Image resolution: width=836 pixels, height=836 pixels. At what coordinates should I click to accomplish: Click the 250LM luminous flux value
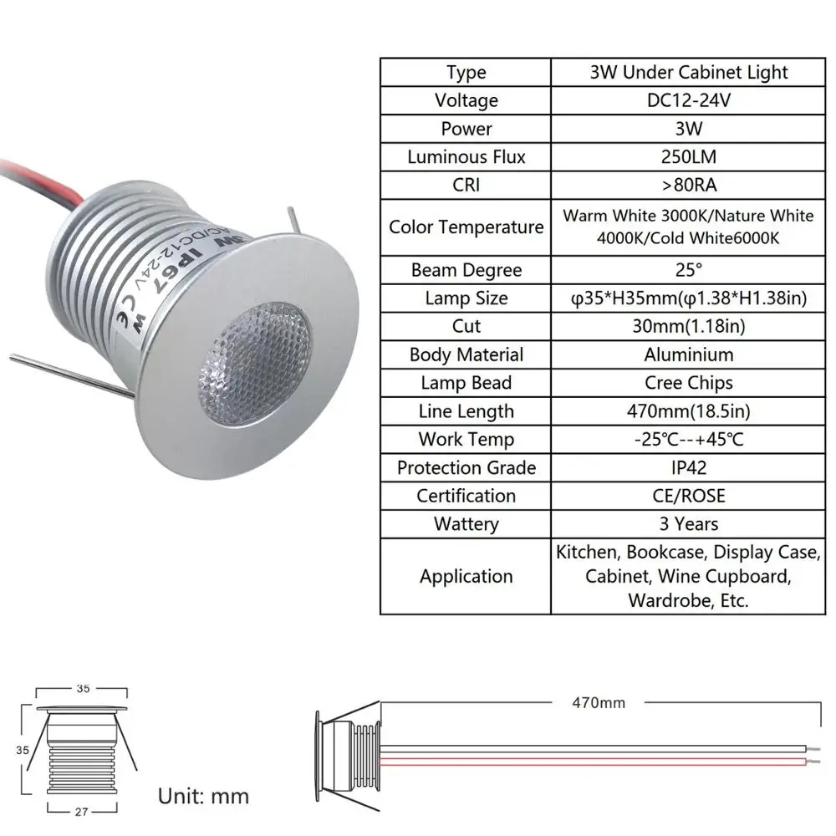687,157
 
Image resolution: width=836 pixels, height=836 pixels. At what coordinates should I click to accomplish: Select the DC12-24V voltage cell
687,100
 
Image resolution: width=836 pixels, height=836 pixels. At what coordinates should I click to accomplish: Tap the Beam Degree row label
466,270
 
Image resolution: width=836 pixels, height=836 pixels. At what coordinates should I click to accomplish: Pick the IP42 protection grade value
687,467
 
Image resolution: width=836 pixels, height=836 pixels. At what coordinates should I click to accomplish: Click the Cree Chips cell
687,383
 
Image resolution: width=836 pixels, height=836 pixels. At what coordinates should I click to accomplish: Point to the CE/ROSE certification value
687,496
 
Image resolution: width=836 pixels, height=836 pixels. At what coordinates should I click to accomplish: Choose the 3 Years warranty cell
687,524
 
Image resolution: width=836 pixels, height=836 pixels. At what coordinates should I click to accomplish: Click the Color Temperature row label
466,227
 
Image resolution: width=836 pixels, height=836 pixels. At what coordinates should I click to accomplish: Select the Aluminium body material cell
687,354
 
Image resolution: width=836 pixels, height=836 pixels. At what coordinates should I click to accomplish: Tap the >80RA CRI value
687,185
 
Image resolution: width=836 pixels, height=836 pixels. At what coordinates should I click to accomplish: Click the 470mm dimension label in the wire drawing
598,703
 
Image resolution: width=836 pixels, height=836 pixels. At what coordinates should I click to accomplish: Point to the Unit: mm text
203,795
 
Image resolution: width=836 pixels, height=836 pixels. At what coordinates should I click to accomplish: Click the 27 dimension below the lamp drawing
81,810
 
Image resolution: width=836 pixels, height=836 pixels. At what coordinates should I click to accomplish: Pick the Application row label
466,576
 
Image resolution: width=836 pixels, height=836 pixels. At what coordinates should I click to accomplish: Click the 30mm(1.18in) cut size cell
687,326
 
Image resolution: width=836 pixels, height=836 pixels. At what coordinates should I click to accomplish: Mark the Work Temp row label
466,440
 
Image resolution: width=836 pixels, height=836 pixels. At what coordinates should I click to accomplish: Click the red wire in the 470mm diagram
585,762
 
